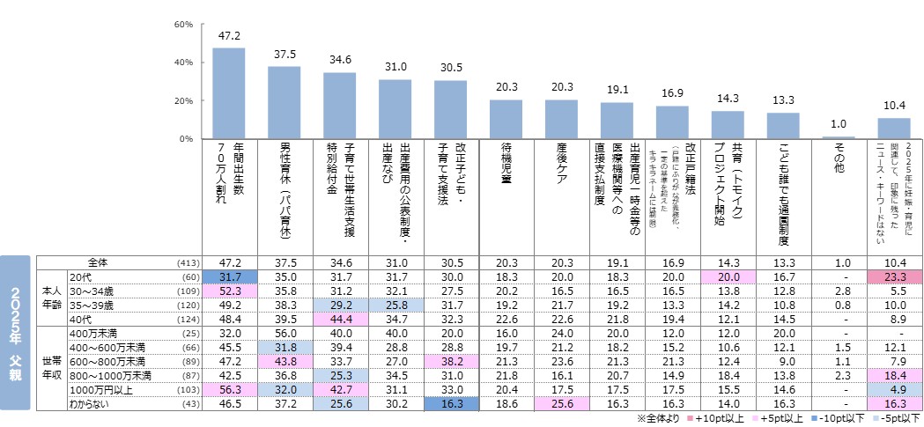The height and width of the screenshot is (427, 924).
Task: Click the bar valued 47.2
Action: pyautogui.click(x=229, y=93)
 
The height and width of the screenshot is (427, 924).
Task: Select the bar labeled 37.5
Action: pyautogui.click(x=285, y=103)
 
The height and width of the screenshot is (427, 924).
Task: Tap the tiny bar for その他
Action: pyautogui.click(x=838, y=137)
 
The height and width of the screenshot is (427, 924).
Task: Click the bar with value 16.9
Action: pyautogui.click(x=671, y=122)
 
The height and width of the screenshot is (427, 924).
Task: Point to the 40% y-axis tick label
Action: pyautogui.click(x=184, y=63)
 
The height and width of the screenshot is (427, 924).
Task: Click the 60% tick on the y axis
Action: pyautogui.click(x=184, y=24)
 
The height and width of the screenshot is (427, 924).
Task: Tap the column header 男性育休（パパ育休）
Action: pyautogui.click(x=285, y=188)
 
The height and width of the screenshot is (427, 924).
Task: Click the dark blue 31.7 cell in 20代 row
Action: pyautogui.click(x=229, y=276)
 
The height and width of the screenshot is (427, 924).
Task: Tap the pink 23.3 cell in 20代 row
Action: pyautogui.click(x=893, y=276)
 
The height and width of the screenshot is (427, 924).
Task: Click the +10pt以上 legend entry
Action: pyautogui.click(x=724, y=419)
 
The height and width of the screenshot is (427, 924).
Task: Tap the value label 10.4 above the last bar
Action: pyautogui.click(x=893, y=106)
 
